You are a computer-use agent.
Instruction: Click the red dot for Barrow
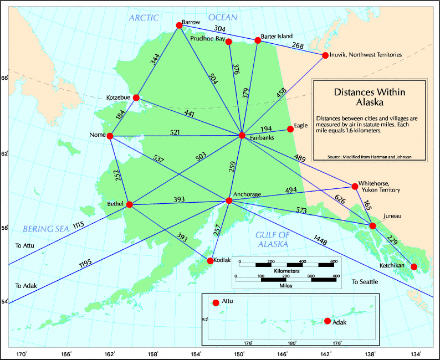click(179, 25)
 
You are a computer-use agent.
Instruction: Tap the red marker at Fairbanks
click(242, 136)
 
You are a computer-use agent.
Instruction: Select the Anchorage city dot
click(229, 200)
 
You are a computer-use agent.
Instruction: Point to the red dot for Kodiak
click(210, 260)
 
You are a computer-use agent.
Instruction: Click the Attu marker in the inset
click(216, 302)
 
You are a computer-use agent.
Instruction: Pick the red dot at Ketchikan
click(413, 267)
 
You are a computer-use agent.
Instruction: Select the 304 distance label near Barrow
click(219, 28)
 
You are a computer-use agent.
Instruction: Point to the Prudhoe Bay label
click(207, 39)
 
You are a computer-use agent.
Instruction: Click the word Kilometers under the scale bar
click(286, 271)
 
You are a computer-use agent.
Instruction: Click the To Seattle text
click(365, 282)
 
